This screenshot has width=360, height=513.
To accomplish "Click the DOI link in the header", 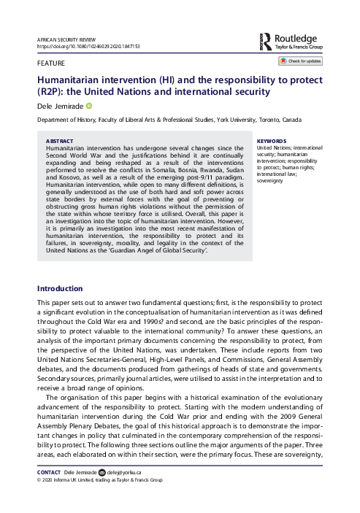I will [x=87, y=45].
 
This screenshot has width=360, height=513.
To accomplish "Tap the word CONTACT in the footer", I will [x=47, y=493].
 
